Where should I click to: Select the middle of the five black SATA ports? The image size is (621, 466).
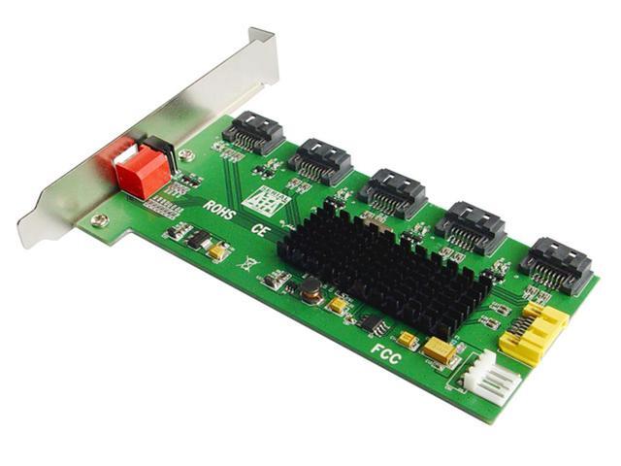[392, 191]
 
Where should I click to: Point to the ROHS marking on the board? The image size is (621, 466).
[219, 210]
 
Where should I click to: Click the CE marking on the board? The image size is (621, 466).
[259, 230]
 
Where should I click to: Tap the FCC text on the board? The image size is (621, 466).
[385, 349]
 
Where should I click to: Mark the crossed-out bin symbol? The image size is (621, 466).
[248, 262]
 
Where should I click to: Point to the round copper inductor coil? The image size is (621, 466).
[312, 288]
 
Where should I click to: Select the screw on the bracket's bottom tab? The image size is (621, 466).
[97, 220]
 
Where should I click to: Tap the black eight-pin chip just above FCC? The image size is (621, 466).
[371, 322]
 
